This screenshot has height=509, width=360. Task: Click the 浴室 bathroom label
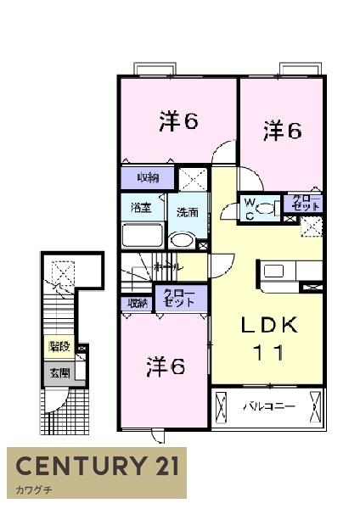click(140, 206)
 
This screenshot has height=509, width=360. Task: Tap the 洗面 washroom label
click(188, 212)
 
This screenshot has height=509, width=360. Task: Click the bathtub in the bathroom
click(142, 234)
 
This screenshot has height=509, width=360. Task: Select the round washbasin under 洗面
click(182, 239)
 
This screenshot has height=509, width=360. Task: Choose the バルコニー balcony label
click(269, 406)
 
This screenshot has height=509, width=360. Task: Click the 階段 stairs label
click(59, 346)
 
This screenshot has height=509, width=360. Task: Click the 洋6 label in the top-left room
click(178, 123)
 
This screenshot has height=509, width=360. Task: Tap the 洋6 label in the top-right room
click(282, 131)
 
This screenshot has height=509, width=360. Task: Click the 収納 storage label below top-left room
click(148, 177)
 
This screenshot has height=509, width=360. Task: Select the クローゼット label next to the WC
click(306, 204)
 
